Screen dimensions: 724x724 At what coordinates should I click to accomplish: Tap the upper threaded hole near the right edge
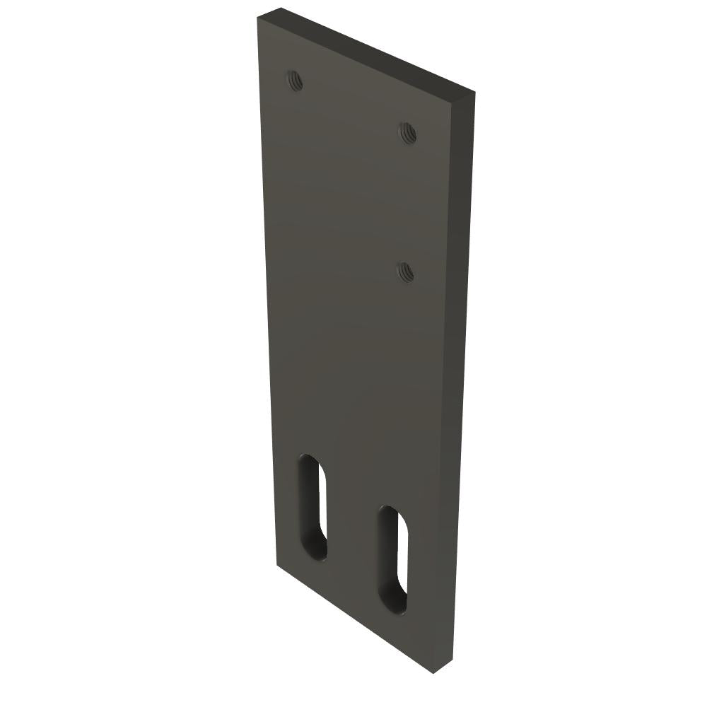[407, 132]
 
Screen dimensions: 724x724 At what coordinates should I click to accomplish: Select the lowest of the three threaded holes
[405, 271]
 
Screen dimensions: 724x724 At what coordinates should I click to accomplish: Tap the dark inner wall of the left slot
[306, 509]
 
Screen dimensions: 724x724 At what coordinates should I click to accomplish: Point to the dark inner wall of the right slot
[385, 559]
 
